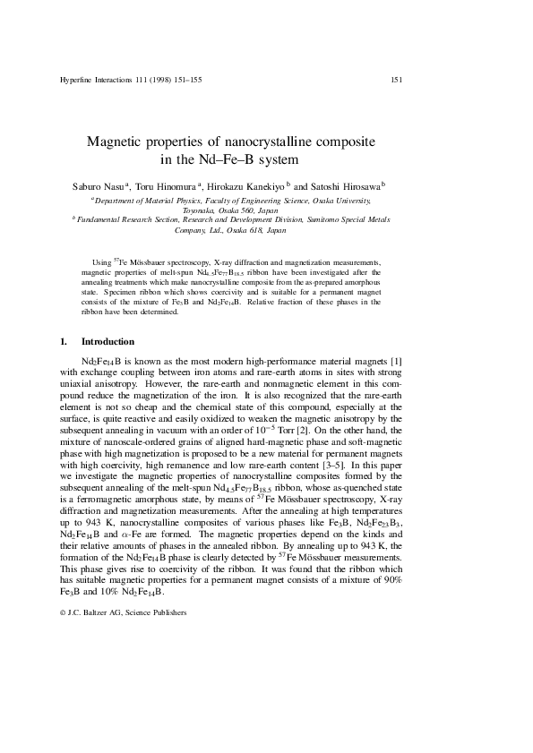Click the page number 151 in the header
click(396, 80)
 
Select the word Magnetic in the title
click(113, 142)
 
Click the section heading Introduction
click(107, 342)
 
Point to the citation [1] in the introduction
click(396, 361)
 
